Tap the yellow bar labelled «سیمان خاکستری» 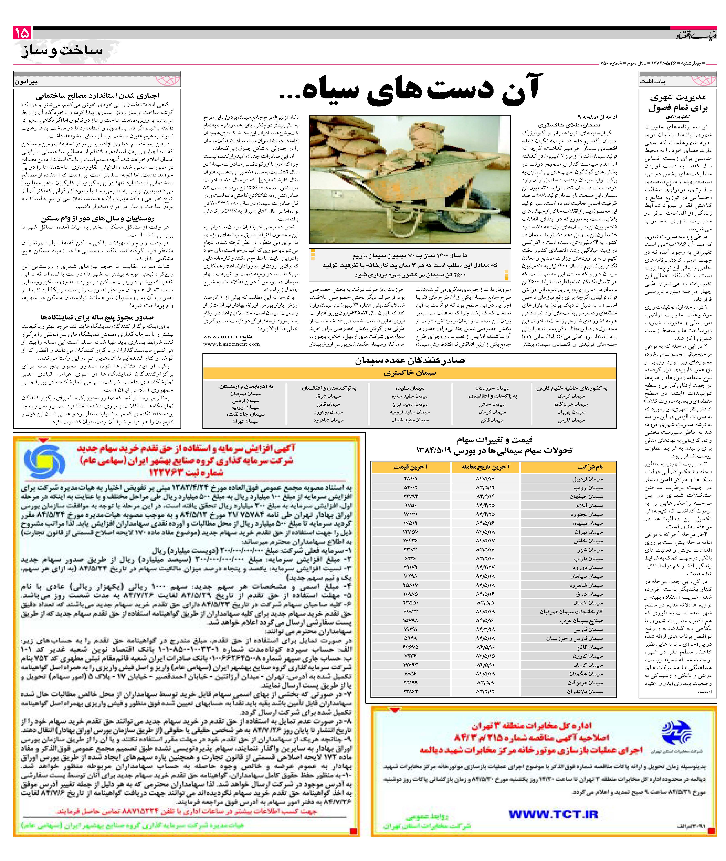point(410,373)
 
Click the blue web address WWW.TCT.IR point(553,814)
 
